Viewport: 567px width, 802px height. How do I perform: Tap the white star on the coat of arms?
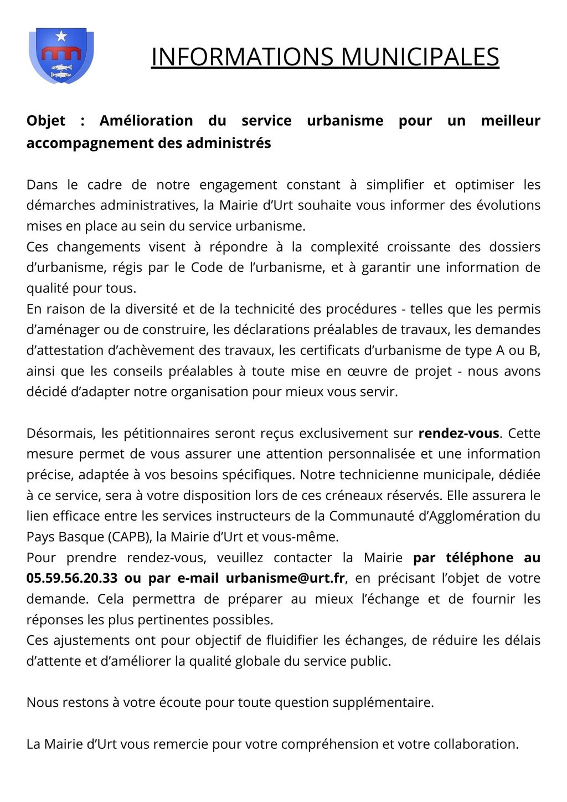(61, 37)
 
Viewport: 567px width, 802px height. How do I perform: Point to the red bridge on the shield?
(61, 53)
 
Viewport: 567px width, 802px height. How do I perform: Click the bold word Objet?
(46, 121)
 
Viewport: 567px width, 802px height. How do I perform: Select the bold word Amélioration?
(146, 121)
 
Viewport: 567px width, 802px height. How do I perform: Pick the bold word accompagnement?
(90, 143)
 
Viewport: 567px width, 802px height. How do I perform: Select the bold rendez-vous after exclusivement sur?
(459, 433)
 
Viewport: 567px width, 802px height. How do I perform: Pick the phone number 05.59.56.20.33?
(72, 578)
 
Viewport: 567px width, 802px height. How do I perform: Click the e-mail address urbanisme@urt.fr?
(286, 578)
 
